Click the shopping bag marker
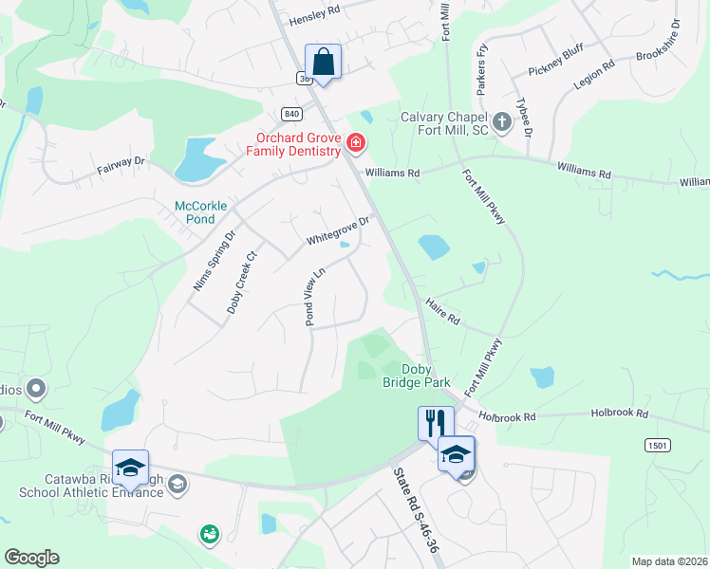pyautogui.click(x=323, y=63)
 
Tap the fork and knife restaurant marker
pyautogui.click(x=436, y=424)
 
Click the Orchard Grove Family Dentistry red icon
pyautogui.click(x=356, y=143)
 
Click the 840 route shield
pyautogui.click(x=291, y=114)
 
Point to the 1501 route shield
pyautogui.click(x=656, y=444)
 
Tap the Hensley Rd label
pyautogui.click(x=314, y=15)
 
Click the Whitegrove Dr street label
pyautogui.click(x=336, y=230)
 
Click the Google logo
pyautogui.click(x=31, y=558)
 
